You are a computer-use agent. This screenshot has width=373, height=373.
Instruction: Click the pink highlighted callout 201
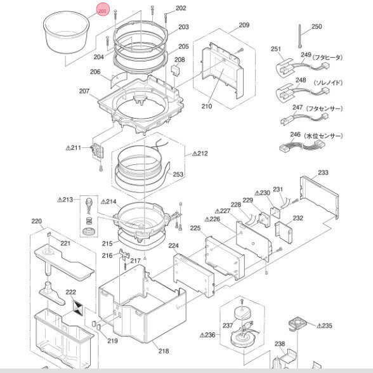click(x=103, y=11)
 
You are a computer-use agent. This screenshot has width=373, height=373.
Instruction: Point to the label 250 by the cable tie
click(x=316, y=27)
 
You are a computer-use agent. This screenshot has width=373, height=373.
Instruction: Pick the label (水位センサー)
click(x=325, y=136)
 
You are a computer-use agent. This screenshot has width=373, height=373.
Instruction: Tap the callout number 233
click(x=323, y=173)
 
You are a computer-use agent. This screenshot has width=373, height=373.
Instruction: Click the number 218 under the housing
click(x=164, y=351)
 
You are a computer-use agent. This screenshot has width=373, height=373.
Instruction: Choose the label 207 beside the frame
click(x=84, y=91)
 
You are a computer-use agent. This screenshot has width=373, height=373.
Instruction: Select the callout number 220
click(x=36, y=222)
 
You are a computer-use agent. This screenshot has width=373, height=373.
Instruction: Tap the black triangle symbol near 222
click(x=78, y=308)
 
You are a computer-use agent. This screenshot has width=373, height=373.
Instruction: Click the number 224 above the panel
click(x=173, y=245)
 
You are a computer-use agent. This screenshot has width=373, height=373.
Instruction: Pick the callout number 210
click(x=207, y=106)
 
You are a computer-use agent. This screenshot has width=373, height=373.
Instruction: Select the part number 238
click(x=280, y=344)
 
